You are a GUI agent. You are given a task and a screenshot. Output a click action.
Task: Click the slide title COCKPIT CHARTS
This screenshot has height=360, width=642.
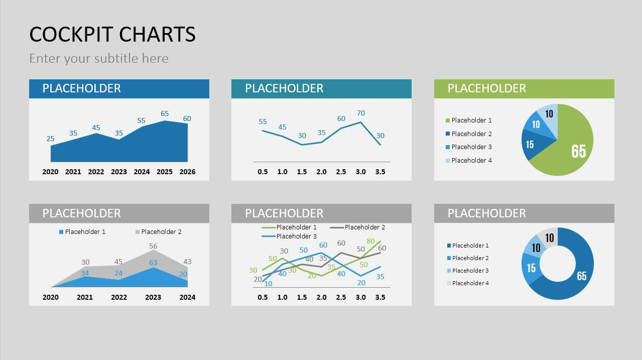112,34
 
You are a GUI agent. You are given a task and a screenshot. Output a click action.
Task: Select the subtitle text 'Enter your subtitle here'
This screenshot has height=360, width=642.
99,58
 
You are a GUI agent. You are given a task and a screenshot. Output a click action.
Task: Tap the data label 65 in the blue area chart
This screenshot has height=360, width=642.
165,113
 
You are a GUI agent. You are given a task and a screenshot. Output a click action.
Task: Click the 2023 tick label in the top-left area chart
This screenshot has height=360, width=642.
119,172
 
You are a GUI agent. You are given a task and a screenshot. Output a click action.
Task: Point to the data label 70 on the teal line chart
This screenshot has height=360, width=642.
360,113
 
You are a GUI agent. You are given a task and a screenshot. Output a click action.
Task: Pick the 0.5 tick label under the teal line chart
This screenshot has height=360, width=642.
263,172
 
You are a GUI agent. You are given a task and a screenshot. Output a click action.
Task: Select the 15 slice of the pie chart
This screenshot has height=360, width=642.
531,144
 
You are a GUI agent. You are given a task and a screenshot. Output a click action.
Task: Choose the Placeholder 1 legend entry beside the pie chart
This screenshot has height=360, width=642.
471,121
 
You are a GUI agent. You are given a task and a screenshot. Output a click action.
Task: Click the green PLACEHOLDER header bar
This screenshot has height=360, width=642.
524,88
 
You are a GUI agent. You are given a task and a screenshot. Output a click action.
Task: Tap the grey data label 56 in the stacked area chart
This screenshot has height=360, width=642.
153,246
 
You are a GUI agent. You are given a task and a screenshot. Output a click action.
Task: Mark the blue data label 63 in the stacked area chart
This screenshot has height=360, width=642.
153,263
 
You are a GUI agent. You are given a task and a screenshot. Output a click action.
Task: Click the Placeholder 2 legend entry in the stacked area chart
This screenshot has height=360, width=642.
161,232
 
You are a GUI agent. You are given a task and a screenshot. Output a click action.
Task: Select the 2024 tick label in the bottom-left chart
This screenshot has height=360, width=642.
187,297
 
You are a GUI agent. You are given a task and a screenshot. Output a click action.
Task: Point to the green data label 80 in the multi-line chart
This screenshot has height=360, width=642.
371,241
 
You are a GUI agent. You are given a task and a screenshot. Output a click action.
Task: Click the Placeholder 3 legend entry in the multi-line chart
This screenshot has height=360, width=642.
296,236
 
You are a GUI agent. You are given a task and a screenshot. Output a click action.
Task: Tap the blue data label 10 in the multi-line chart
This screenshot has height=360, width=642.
268,284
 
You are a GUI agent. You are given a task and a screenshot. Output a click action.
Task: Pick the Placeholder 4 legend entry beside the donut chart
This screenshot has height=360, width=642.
470,283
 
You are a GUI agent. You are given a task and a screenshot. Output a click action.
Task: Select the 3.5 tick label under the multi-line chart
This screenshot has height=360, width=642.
380,297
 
